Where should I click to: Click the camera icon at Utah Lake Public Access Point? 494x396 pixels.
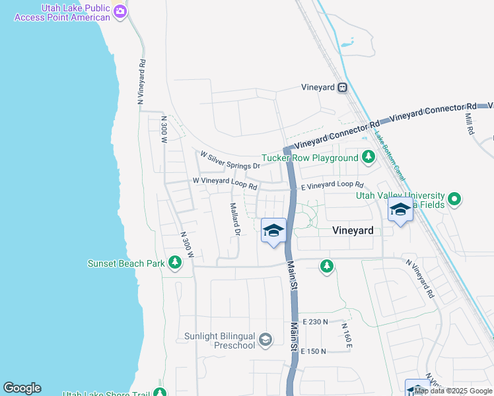click(x=120, y=11)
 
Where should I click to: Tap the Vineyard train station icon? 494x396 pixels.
click(x=342, y=87)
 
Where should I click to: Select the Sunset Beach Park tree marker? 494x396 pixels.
click(x=175, y=263)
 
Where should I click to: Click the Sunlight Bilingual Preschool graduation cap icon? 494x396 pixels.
click(x=265, y=340)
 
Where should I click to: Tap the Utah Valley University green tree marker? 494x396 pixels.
click(x=454, y=198)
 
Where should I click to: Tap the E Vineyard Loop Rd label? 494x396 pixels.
click(x=332, y=186)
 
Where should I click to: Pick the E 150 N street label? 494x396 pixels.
click(x=314, y=351)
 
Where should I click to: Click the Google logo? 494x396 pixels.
click(x=22, y=388)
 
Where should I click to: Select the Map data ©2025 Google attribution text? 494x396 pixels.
click(x=454, y=391)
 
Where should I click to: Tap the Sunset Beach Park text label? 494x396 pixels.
click(x=126, y=263)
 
